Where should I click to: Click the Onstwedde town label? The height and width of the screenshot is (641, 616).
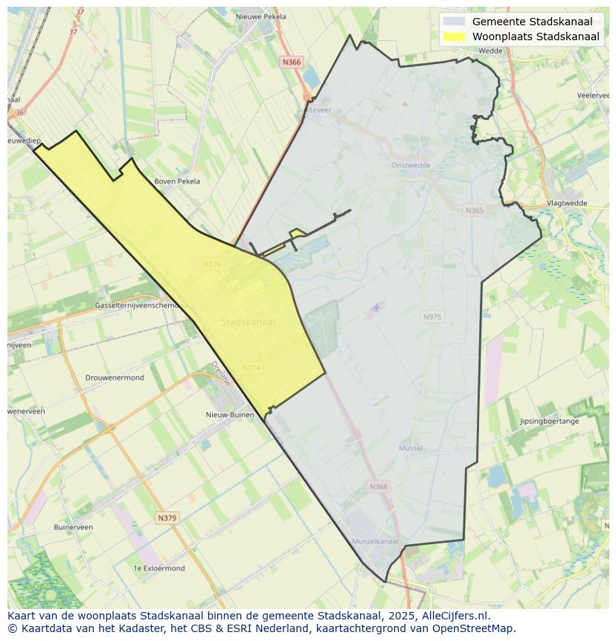[411, 165]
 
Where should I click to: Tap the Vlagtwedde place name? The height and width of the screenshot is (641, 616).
[566, 202]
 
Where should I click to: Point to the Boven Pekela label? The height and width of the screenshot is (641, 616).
[176, 181]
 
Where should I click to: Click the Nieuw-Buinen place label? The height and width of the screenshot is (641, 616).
[230, 415]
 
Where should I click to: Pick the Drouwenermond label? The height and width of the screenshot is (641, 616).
[115, 377]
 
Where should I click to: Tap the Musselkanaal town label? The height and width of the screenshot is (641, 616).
[375, 541]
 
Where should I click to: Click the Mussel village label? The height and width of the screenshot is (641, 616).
[411, 448]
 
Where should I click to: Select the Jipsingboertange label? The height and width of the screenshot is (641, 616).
[549, 421]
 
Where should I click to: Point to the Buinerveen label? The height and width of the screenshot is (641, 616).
[73, 527]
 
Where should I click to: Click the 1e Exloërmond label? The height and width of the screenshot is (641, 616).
[158, 568]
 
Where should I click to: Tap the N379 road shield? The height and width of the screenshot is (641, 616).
[167, 517]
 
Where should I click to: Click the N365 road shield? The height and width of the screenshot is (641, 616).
[474, 211]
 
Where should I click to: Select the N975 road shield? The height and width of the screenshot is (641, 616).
[432, 317]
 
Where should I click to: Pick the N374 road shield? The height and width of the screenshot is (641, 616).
[251, 368]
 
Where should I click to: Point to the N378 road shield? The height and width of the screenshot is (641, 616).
[212, 264]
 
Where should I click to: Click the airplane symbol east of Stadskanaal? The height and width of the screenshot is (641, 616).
[376, 307]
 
